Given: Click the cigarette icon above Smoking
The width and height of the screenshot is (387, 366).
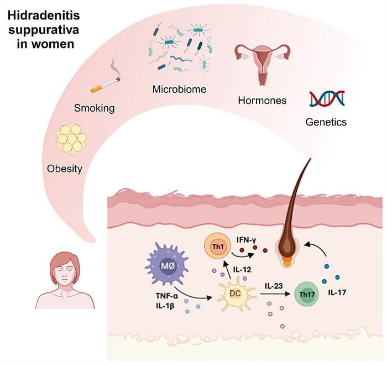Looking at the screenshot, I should point(105,84).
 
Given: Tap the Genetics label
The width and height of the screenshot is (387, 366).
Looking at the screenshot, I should point(326,122).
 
